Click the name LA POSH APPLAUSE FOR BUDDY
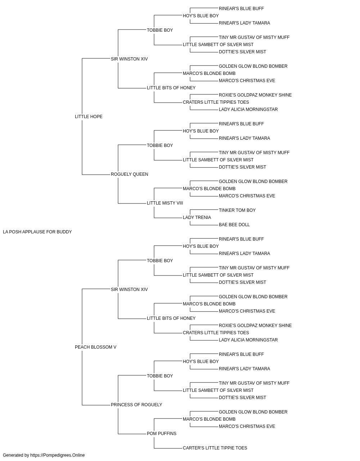37,232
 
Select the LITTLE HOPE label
89,117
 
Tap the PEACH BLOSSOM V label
96,347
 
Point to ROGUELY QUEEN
130,174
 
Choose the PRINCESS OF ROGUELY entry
136,405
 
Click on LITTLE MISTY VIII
165,203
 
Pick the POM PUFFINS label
162,434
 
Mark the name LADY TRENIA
197,218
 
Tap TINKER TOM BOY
237,210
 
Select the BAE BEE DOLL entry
234,225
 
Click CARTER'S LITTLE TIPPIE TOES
215,448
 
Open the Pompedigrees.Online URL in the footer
58,455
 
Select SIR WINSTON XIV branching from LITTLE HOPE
129,59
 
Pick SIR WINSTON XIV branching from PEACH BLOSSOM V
129,290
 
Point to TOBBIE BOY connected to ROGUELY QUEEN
160,146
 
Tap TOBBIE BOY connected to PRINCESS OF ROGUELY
160,376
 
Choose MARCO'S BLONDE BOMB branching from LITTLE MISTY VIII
209,189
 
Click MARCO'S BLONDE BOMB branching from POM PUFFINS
209,419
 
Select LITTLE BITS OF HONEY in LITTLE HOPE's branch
171,88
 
